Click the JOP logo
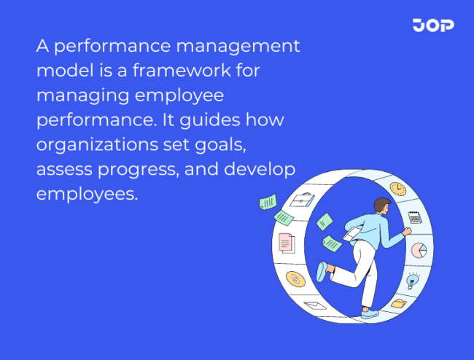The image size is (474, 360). (x=432, y=26)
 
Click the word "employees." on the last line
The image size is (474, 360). (x=86, y=195)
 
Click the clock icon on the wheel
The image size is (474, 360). (x=397, y=189)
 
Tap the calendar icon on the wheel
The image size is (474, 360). (x=415, y=216)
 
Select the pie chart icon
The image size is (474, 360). (x=419, y=250)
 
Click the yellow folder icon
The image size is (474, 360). (x=398, y=302)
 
